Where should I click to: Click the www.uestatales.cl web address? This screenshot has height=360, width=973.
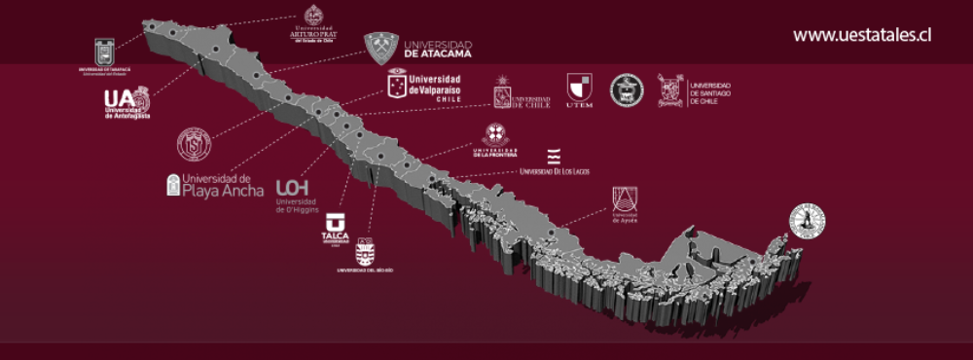(x=862, y=35)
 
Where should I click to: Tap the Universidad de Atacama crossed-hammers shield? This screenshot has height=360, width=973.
(x=381, y=48)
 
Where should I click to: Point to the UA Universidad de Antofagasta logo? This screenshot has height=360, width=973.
(x=127, y=103)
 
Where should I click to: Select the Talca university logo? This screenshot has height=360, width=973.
(x=335, y=230)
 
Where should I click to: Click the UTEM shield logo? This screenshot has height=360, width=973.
(x=579, y=90)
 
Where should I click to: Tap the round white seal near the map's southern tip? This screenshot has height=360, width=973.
(x=807, y=221)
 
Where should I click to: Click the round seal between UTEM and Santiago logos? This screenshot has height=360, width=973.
(x=627, y=90)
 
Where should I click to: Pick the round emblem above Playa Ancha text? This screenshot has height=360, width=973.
(x=194, y=144)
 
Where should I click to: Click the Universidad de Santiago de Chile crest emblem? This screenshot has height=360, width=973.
(x=670, y=90)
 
